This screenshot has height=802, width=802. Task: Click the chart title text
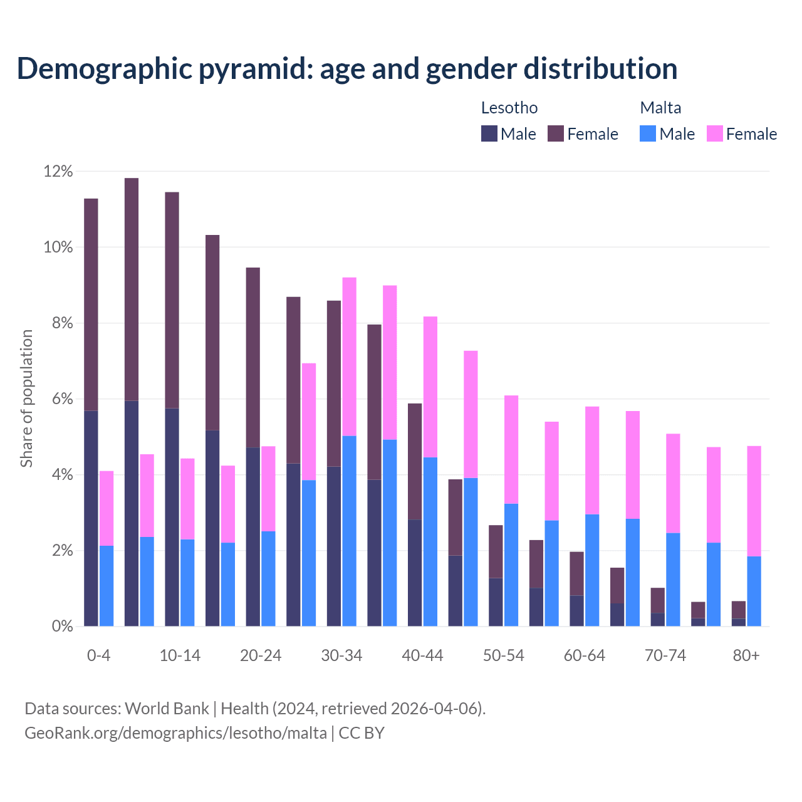click(x=347, y=68)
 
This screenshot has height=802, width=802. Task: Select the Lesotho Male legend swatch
click(x=489, y=133)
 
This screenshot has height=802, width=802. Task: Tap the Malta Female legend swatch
click(x=714, y=133)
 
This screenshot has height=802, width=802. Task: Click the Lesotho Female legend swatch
click(x=556, y=133)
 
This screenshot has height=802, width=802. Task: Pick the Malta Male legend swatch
click(x=648, y=133)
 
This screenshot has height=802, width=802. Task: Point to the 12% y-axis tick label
click(x=58, y=171)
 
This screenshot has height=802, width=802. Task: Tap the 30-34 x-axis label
click(x=341, y=656)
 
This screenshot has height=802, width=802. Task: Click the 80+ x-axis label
click(x=746, y=656)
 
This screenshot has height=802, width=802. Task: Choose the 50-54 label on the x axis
click(x=503, y=656)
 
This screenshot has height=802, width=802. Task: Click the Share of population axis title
click(x=26, y=398)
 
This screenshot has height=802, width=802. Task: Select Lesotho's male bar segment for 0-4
click(x=91, y=518)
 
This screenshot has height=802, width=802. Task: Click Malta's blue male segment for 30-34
click(x=350, y=531)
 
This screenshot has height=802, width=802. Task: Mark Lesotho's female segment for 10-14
click(x=172, y=300)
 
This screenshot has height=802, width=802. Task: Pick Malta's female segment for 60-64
click(x=592, y=461)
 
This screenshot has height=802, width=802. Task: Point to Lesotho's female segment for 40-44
click(x=415, y=461)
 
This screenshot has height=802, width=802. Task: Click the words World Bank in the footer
click(x=167, y=709)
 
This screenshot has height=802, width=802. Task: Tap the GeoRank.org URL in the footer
click(x=175, y=733)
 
